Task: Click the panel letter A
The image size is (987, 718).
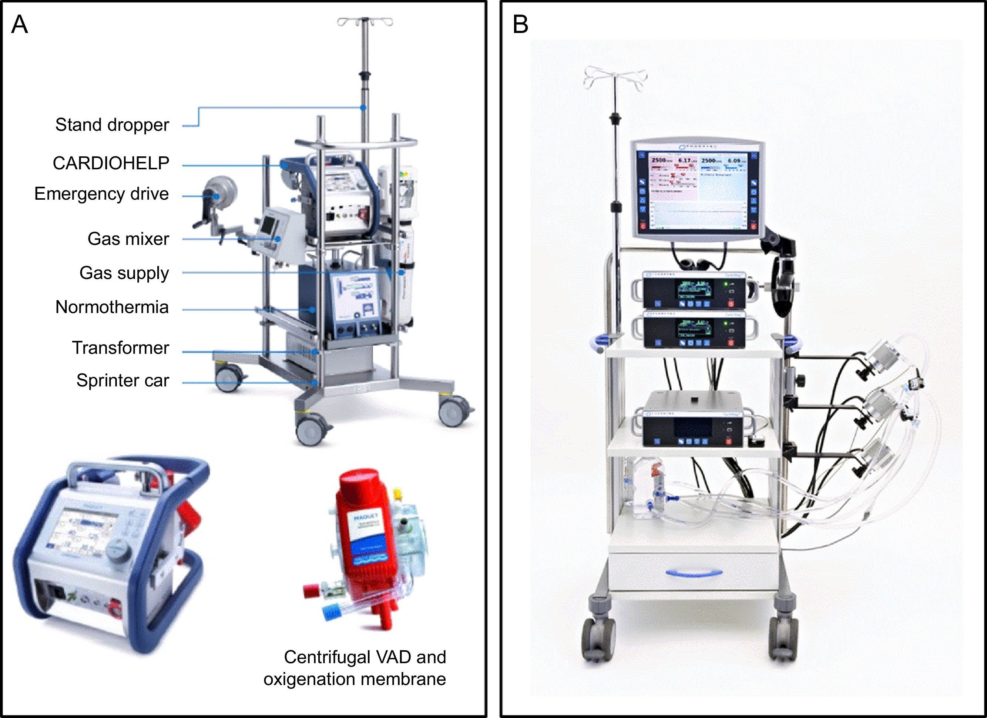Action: click(20, 24)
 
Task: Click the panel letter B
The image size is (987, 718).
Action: click(520, 24)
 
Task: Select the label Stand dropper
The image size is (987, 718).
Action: click(112, 125)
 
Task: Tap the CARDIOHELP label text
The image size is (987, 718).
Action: click(111, 163)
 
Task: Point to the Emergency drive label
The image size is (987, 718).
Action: click(101, 194)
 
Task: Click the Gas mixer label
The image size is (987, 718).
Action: click(128, 239)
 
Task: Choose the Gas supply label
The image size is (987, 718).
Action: click(124, 273)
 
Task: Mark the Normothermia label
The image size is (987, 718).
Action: click(112, 308)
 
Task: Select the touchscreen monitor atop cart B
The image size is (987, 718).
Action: click(697, 190)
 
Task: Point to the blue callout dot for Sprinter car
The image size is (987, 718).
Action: click(315, 383)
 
